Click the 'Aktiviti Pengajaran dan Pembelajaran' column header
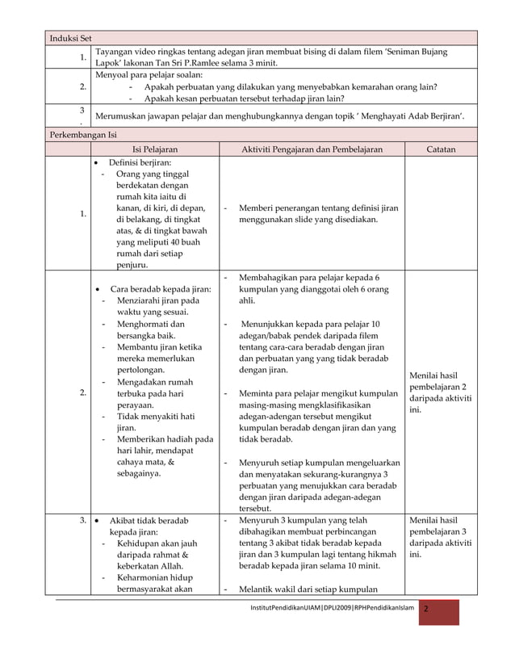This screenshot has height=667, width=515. coord(312,149)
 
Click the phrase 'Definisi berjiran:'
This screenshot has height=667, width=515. coord(145,163)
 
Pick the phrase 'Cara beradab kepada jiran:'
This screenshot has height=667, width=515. coord(160,290)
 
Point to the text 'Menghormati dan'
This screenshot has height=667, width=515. coord(152,325)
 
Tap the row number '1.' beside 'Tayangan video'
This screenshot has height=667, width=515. coord(83,57)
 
